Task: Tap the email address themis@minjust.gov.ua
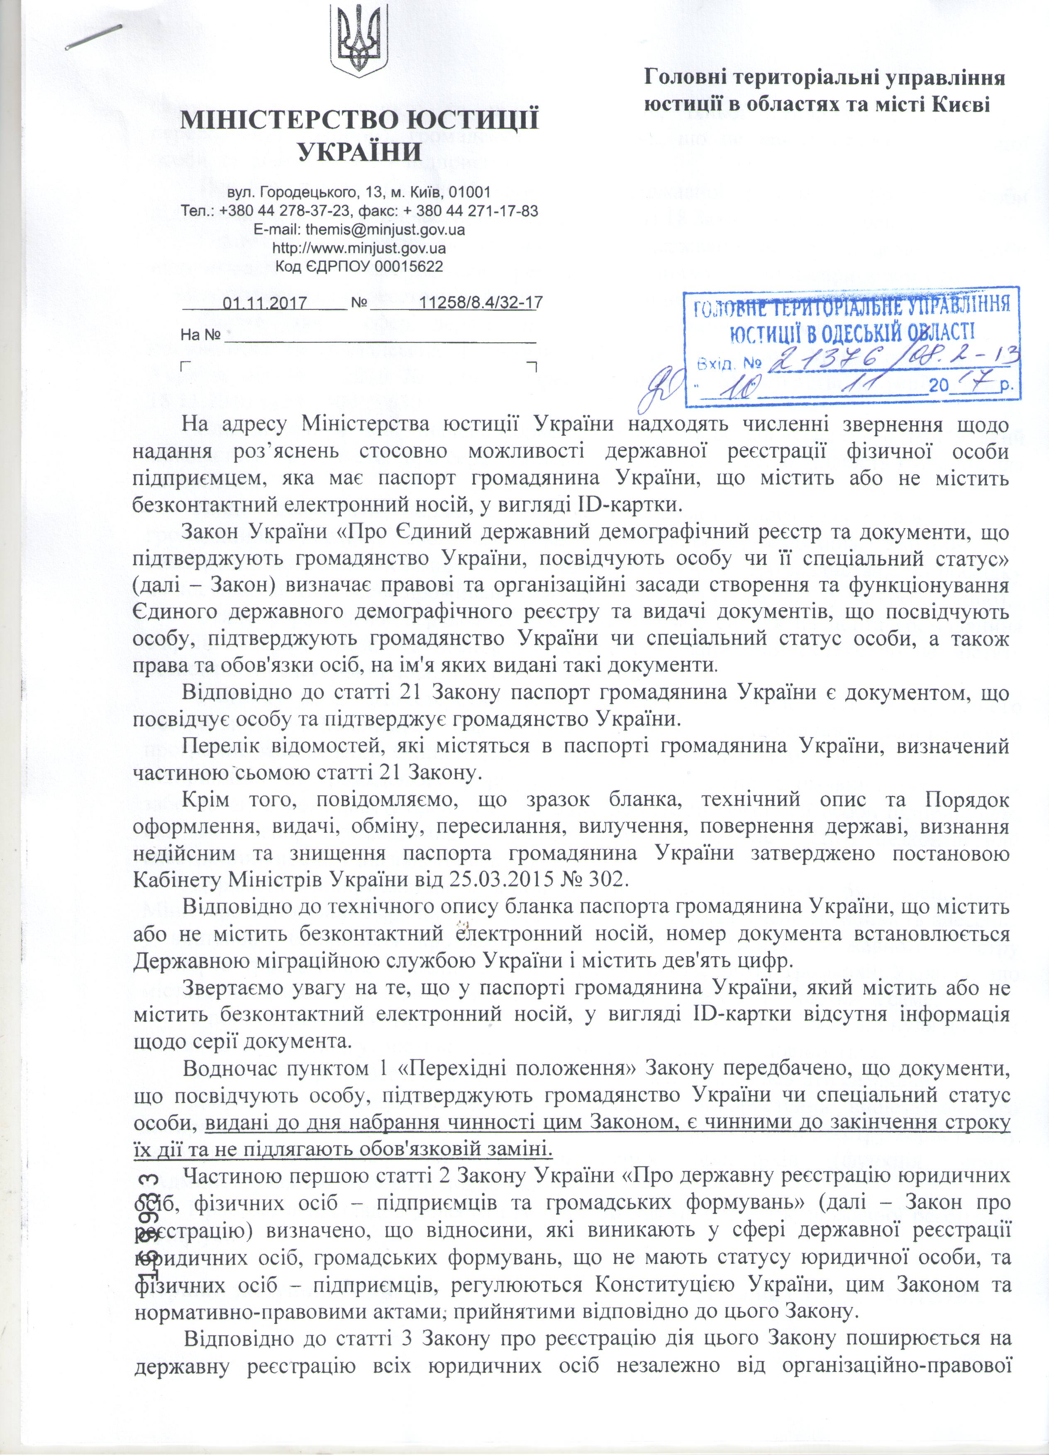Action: [x=385, y=229]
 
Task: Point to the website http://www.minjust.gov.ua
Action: [x=359, y=248]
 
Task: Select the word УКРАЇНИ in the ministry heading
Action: [x=361, y=151]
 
